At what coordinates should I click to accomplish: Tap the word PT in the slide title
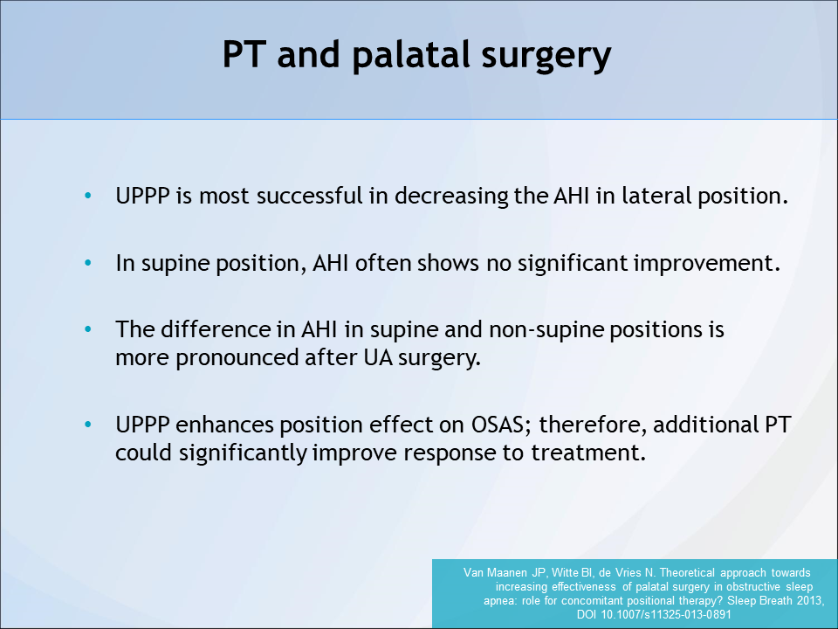(244, 54)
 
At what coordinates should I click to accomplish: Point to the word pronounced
(237, 358)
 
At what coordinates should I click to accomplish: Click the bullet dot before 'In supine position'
(88, 263)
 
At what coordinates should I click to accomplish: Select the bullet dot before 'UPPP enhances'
(88, 425)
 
